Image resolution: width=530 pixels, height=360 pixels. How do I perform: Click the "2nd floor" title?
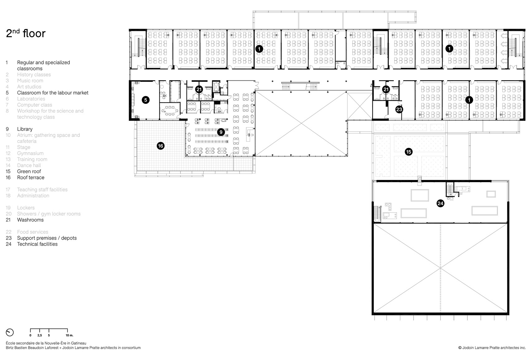pyautogui.click(x=26, y=33)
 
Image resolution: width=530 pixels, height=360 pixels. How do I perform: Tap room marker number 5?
pyautogui.click(x=146, y=100)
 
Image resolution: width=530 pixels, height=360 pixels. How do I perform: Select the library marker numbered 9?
pyautogui.click(x=221, y=132)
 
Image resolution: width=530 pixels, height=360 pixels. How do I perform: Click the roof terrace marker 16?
pyautogui.click(x=161, y=146)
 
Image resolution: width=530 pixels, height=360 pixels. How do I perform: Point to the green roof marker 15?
pyautogui.click(x=409, y=152)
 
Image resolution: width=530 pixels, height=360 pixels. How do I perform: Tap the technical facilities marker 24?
pyautogui.click(x=440, y=203)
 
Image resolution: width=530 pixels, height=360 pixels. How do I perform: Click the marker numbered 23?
pyautogui.click(x=399, y=109)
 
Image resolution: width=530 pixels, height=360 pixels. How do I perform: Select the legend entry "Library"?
pyautogui.click(x=25, y=129)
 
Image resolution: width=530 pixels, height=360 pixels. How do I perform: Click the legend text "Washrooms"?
pyautogui.click(x=30, y=220)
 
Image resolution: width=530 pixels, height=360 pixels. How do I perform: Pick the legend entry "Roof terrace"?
pyautogui.click(x=31, y=178)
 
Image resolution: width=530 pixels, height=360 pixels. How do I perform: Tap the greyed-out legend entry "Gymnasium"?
pyautogui.click(x=30, y=153)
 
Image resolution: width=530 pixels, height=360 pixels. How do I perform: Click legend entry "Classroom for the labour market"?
pyautogui.click(x=53, y=93)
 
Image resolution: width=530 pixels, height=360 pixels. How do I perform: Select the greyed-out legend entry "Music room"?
pyautogui.click(x=30, y=81)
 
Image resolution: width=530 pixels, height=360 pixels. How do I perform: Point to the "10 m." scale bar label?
pyautogui.click(x=70, y=335)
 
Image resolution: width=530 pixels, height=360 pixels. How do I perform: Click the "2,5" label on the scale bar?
pyautogui.click(x=40, y=335)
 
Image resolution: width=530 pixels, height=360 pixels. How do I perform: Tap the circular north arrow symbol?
pyautogui.click(x=10, y=332)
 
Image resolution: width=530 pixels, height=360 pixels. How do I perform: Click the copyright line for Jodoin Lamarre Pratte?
pyautogui.click(x=492, y=348)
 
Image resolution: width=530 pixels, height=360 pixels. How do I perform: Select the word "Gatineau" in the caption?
pyautogui.click(x=79, y=343)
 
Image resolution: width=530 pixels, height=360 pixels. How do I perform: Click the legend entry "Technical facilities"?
pyautogui.click(x=37, y=244)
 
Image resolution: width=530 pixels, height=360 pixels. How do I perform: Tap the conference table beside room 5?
pyautogui.click(x=170, y=111)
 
